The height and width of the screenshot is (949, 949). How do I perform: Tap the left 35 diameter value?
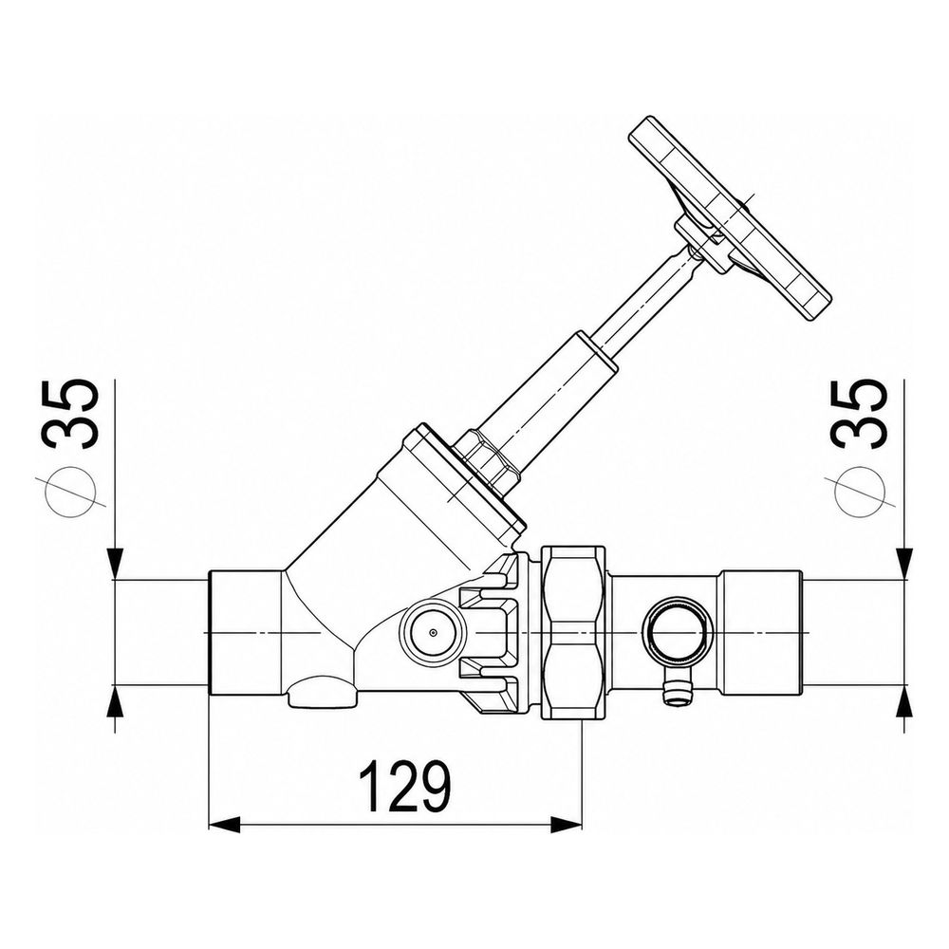(73, 414)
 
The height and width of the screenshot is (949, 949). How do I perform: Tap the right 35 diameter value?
(860, 414)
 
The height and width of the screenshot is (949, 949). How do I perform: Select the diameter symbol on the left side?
(71, 491)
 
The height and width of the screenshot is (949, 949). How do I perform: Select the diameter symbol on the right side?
(859, 491)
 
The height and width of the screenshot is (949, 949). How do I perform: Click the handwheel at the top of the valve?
(730, 217)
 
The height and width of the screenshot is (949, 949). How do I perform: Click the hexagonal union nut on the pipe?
(573, 632)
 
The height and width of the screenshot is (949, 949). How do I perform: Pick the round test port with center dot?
(433, 633)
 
